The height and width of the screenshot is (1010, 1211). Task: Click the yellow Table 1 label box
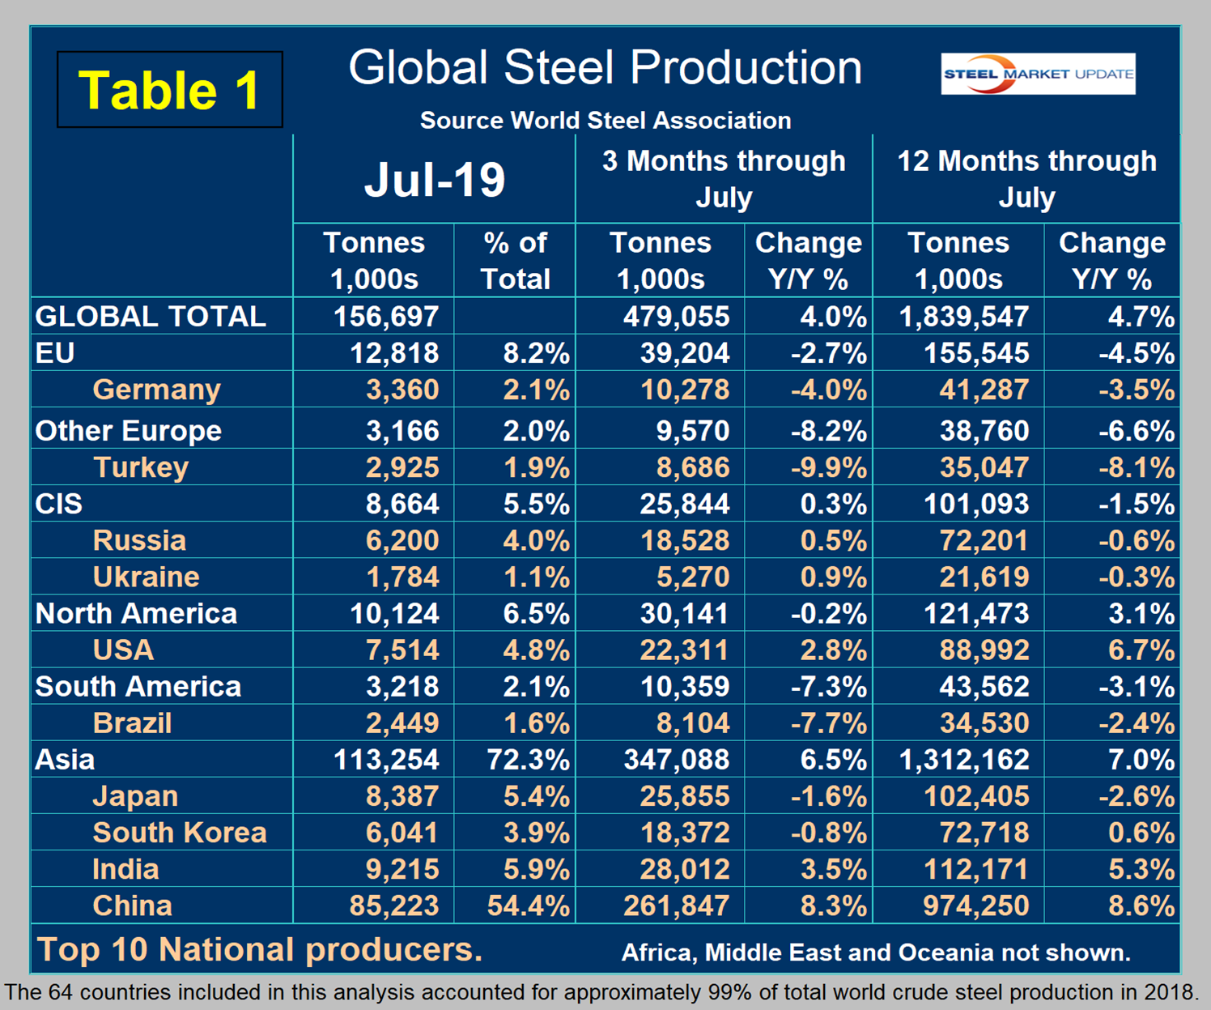(x=169, y=89)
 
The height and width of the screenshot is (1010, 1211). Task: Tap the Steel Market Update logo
(x=1038, y=74)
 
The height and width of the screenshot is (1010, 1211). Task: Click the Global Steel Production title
(x=605, y=68)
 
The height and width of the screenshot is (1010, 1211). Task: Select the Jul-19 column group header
(x=434, y=179)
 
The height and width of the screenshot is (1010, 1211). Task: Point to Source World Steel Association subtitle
(x=605, y=121)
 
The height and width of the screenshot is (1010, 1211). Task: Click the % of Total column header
(x=515, y=260)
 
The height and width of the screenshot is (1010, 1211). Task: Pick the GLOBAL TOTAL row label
(x=151, y=316)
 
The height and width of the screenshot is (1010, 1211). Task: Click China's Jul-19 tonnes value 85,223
(x=394, y=905)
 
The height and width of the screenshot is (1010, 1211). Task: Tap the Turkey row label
(x=141, y=467)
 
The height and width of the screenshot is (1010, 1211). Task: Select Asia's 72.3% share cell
(x=528, y=759)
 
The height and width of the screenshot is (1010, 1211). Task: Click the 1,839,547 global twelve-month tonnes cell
(x=964, y=316)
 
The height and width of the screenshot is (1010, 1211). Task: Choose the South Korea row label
(x=179, y=832)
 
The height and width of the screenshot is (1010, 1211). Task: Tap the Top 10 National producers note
(x=260, y=949)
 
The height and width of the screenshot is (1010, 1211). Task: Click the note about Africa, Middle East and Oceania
(x=876, y=952)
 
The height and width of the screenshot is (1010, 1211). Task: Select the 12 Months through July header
(x=1026, y=179)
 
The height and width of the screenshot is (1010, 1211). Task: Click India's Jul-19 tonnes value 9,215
(x=402, y=868)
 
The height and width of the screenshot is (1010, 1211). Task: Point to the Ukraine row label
(x=146, y=577)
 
